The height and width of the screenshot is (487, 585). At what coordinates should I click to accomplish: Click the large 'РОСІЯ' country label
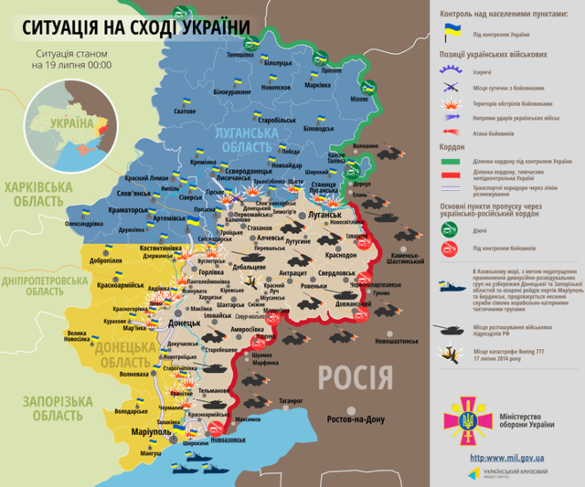pyautogui.click(x=356, y=376)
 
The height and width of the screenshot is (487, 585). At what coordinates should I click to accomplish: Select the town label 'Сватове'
pyautogui.click(x=185, y=111)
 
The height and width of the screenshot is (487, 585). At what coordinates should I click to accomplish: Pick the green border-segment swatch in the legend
pyautogui.click(x=452, y=161)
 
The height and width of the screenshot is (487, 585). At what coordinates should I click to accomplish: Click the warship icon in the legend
pyautogui.click(x=452, y=283)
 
